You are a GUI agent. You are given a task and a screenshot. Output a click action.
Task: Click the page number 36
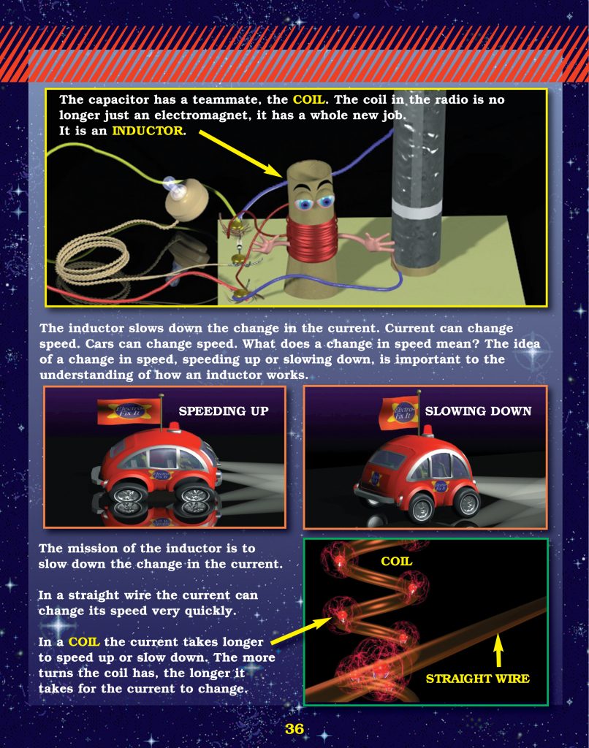point(294,729)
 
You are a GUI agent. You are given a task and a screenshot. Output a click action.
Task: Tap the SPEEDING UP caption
point(224,411)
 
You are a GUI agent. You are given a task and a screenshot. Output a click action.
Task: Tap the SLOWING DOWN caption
point(478,411)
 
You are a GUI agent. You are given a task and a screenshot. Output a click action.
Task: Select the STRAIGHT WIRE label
point(477,679)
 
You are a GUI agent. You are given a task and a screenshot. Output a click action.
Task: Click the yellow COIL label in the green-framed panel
point(397,562)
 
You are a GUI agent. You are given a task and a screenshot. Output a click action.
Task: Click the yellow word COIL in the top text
point(308,99)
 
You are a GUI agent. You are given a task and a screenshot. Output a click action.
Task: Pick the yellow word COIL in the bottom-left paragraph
point(83,642)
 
